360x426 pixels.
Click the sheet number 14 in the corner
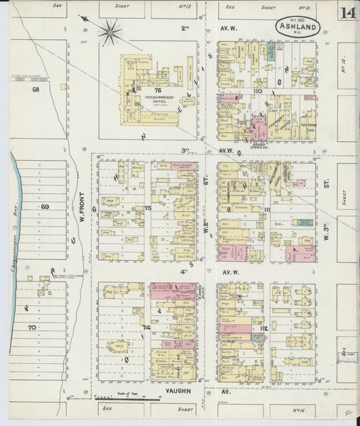click(348, 14)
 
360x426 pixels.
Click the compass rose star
click(109, 31)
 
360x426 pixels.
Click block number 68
click(36, 89)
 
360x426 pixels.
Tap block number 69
click(45, 207)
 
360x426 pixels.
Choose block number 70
click(31, 327)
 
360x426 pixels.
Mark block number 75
click(147, 209)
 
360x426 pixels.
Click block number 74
click(146, 327)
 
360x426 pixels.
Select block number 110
click(257, 90)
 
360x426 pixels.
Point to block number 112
click(263, 329)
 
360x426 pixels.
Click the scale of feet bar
click(122, 399)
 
